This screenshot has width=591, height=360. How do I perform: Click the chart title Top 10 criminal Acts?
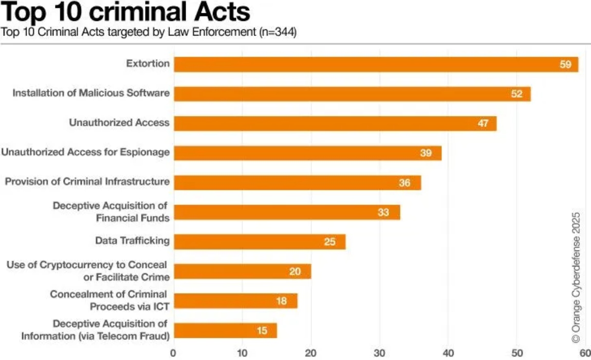click(126, 11)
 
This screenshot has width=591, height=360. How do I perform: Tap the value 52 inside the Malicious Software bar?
click(516, 94)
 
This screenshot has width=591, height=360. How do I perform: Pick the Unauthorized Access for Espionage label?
click(85, 152)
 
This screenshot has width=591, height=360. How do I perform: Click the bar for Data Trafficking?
click(260, 242)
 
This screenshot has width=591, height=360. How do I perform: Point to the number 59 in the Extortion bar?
click(565, 65)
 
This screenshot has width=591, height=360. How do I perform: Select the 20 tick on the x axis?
click(311, 353)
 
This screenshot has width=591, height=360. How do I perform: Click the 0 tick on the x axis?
click(173, 353)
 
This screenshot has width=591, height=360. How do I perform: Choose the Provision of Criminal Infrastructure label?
click(87, 182)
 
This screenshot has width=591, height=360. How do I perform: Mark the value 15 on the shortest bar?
click(262, 331)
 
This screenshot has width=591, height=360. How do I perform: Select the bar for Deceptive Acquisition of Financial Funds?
click(287, 212)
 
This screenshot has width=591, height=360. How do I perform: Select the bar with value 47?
click(335, 123)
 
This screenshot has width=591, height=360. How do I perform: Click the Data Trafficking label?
click(132, 241)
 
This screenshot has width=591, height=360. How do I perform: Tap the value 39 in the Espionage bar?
click(426, 153)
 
